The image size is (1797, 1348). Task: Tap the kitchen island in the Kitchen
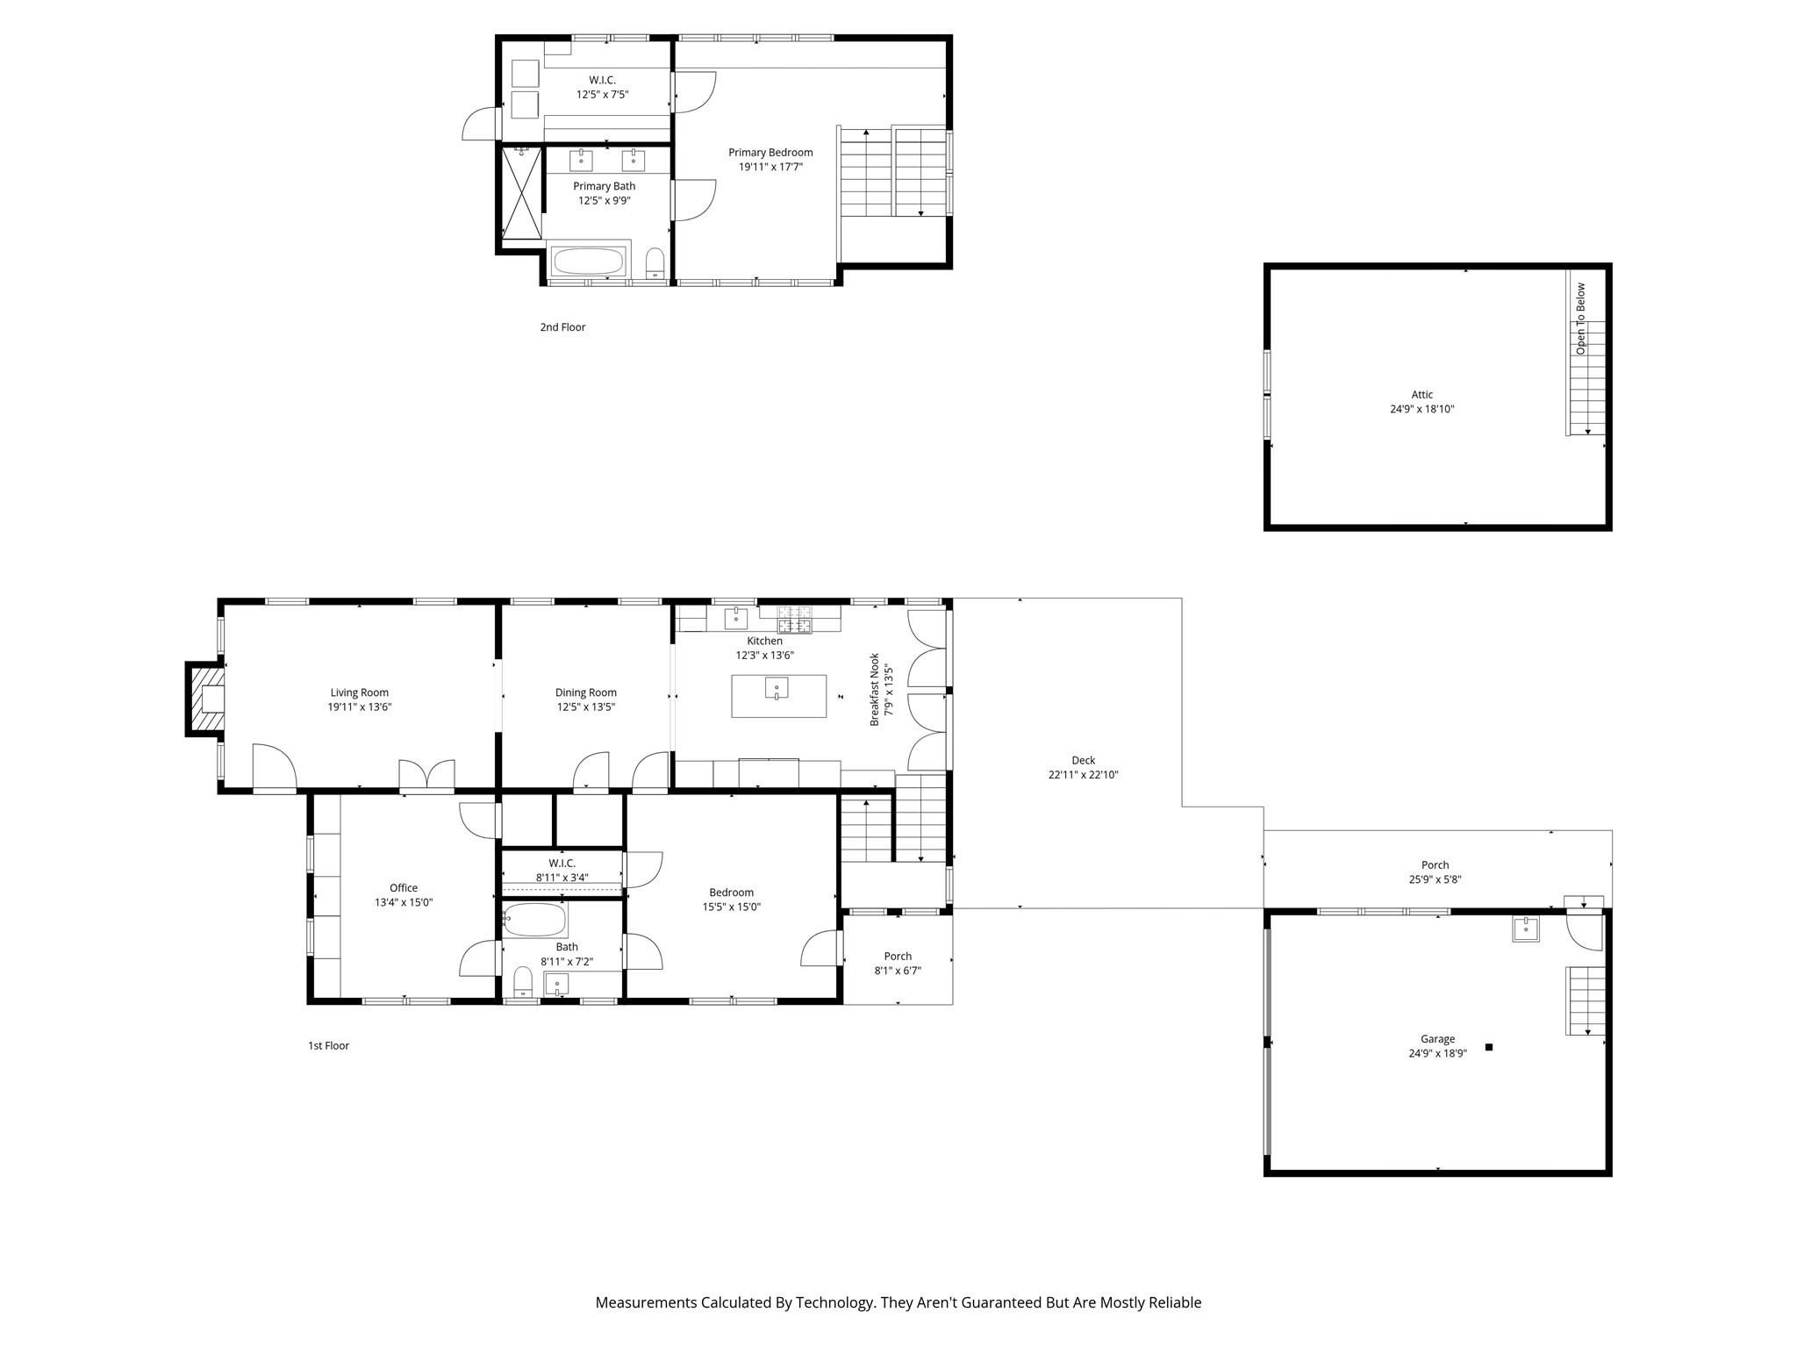click(778, 695)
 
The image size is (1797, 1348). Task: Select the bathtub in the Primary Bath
click(588, 262)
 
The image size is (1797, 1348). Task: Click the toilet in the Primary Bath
click(655, 263)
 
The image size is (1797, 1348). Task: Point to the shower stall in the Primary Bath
click(522, 192)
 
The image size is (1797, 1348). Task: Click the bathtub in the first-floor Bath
click(534, 920)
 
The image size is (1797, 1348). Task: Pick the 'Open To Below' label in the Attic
click(1581, 318)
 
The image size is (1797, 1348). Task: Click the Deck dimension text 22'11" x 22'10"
click(1083, 775)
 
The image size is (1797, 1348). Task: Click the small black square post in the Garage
click(1488, 1047)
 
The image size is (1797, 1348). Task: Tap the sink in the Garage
click(1526, 929)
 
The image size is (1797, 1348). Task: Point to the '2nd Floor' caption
click(562, 327)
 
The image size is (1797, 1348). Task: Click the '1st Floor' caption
click(328, 1046)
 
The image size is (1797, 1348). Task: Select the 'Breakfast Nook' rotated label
click(875, 689)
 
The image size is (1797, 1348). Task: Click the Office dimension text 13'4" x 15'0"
click(404, 902)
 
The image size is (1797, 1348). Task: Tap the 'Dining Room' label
click(586, 692)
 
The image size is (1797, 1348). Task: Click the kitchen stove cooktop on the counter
click(794, 620)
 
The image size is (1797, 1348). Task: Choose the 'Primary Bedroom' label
click(770, 153)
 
